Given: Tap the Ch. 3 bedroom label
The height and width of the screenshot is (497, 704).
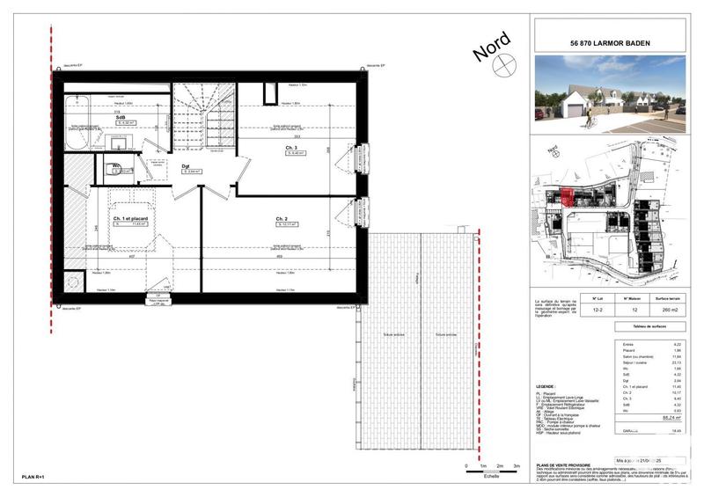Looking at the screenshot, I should click(290, 148).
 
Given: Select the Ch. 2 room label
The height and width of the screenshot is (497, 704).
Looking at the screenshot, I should click(282, 218).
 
